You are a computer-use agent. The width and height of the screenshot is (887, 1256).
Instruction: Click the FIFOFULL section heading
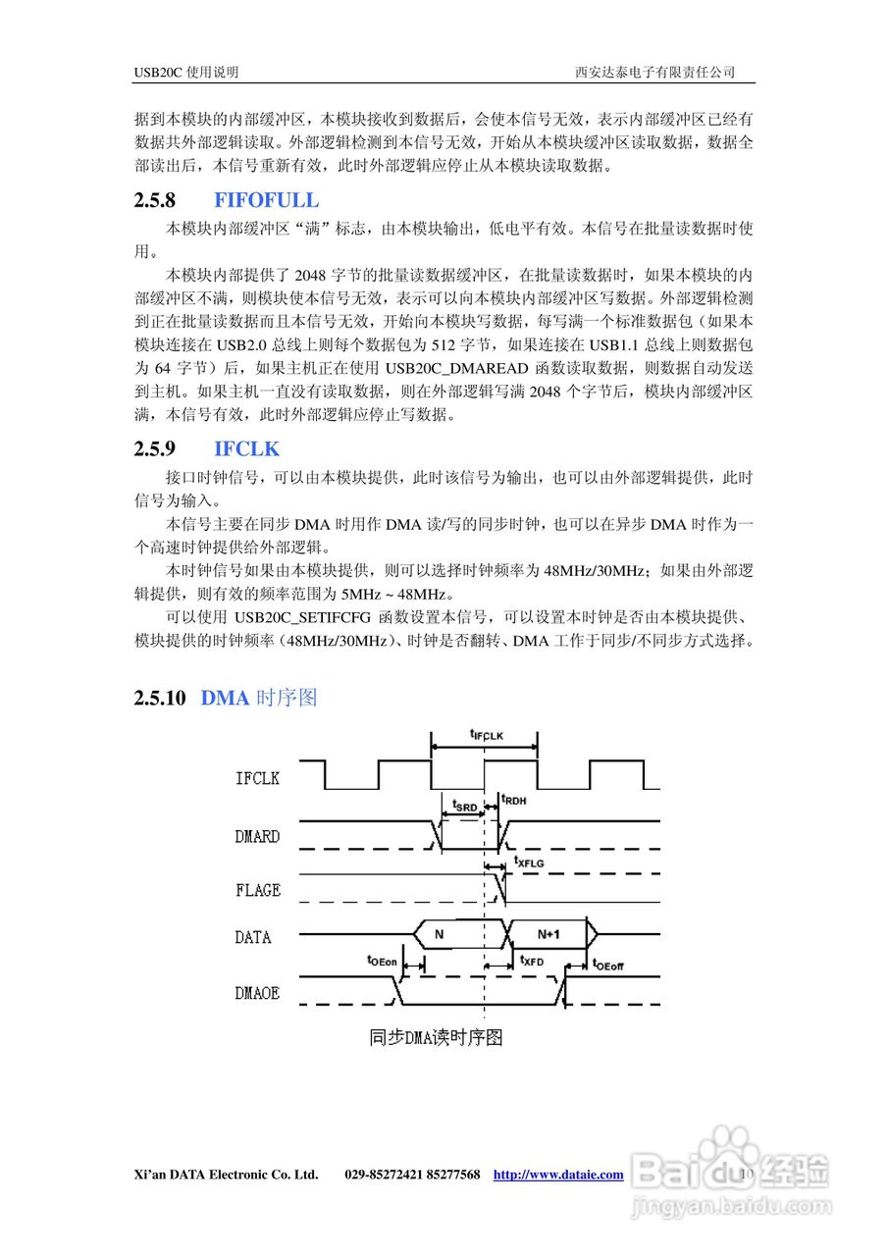pos(266,200)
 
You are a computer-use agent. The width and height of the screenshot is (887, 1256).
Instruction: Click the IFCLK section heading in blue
pos(246,449)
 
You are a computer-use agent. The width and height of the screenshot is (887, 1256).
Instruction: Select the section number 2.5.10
pos(159,699)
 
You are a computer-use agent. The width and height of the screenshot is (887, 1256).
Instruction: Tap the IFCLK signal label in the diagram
pos(257,778)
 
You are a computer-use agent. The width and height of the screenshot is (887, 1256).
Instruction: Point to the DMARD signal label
pos(257,837)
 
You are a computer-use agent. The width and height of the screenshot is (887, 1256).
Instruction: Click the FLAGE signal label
pos(257,890)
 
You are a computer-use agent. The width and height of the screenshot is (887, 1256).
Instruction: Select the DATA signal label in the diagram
pos(252,937)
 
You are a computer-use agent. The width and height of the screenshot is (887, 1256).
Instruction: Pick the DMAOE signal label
pos(257,993)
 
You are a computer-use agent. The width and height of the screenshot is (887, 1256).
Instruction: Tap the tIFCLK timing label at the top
pos(486,734)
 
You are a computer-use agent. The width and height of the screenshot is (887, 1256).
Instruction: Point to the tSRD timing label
pos(464,806)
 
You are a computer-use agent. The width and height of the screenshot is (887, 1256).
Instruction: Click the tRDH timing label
pos(514,800)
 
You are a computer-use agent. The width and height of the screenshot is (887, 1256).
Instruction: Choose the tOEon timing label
pos(382,962)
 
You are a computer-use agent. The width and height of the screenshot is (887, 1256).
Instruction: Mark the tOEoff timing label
pos(608,965)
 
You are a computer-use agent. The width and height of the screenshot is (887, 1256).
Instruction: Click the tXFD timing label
pos(532,963)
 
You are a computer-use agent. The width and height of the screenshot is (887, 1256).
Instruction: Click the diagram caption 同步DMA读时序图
pos(436,1037)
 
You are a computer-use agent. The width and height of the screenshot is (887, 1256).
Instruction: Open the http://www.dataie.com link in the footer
pos(557,1175)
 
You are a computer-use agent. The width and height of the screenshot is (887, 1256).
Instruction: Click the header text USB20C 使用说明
pos(186,73)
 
